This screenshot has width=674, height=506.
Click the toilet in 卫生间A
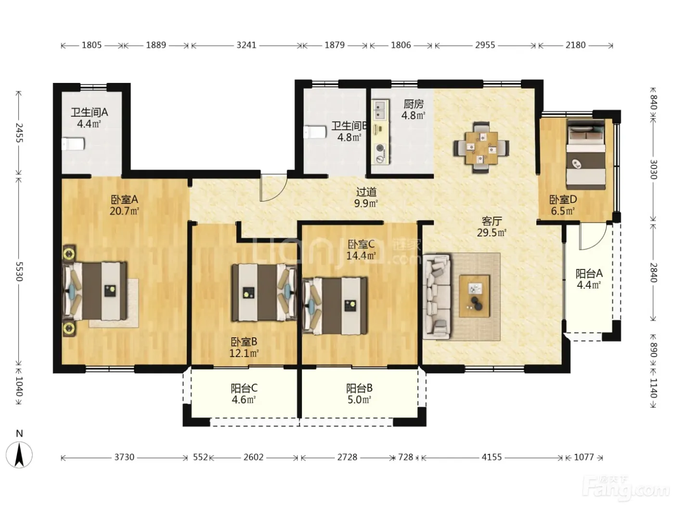click(73, 144)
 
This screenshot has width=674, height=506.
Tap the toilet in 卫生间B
click(315, 132)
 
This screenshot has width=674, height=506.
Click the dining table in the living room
click(481, 148)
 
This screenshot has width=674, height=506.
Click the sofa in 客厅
click(437, 296)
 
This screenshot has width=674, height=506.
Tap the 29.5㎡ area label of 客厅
click(492, 233)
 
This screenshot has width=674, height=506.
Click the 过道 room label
click(366, 192)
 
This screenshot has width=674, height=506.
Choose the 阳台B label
click(359, 388)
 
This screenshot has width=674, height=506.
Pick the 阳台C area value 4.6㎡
click(244, 399)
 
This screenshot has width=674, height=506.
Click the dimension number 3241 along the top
click(246, 45)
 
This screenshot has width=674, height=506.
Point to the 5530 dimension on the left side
click(19, 271)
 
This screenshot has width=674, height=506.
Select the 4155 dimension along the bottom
click(492, 457)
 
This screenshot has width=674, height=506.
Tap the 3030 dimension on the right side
click(653, 170)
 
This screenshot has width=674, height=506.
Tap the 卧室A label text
click(124, 200)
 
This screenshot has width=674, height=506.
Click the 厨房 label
click(414, 105)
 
